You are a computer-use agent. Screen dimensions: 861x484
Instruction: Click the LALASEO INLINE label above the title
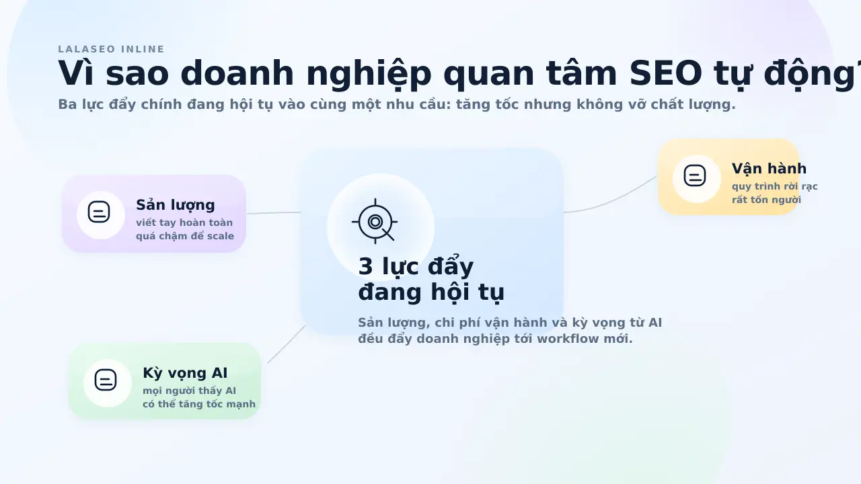(x=111, y=49)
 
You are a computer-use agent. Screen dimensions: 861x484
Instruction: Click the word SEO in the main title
(x=666, y=73)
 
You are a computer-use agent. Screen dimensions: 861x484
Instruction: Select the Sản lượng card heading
(x=176, y=205)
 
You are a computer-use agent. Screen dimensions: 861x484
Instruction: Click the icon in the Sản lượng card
(x=99, y=212)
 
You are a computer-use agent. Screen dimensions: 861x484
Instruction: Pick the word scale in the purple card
(x=221, y=236)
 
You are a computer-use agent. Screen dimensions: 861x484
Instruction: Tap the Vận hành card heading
(x=769, y=169)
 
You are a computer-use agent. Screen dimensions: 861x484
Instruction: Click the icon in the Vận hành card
(x=695, y=175)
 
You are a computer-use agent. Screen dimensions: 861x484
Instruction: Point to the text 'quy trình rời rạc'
(x=774, y=187)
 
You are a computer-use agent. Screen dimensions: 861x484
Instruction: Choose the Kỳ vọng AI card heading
(x=185, y=373)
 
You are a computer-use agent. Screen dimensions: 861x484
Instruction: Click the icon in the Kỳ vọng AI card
(x=106, y=380)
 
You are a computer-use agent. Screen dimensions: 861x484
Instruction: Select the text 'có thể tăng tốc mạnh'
(x=198, y=404)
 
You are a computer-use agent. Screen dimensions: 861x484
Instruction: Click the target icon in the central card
(x=375, y=222)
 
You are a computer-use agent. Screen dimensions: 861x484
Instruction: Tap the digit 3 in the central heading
(x=365, y=267)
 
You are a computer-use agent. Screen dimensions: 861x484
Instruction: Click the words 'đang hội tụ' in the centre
(x=431, y=292)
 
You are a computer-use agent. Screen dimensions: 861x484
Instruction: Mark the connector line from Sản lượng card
(x=274, y=213)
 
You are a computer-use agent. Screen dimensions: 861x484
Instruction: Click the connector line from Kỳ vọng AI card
(x=287, y=344)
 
